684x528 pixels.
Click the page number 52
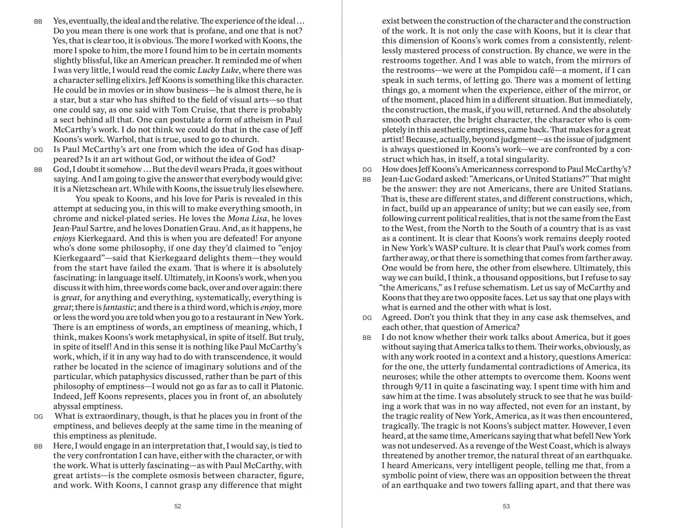click(x=178, y=506)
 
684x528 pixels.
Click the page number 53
click(x=506, y=506)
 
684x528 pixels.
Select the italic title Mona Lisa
click(x=247, y=219)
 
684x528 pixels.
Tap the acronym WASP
click(x=442, y=248)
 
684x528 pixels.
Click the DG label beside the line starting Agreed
click(x=367, y=318)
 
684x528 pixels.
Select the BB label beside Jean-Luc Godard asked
click(x=367, y=180)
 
